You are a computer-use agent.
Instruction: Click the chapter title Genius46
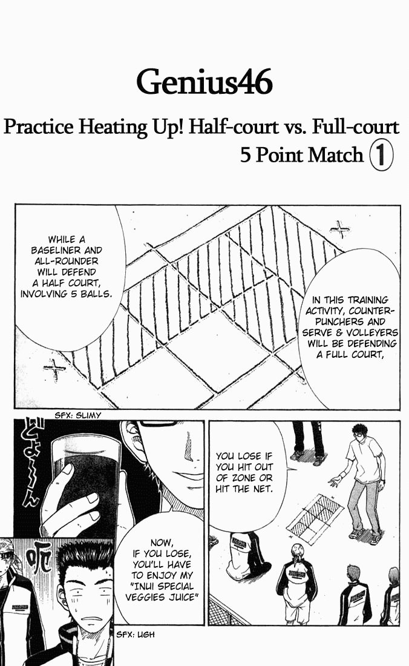tap(204, 83)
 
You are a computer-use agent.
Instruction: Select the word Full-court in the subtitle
tap(356, 127)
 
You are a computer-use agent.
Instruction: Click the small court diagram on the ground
tap(315, 519)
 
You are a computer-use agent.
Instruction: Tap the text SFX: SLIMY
tap(78, 415)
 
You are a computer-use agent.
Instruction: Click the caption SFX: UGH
tap(136, 635)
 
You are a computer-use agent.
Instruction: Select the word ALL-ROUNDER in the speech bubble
tap(67, 261)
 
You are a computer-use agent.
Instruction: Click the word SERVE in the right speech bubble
tap(318, 332)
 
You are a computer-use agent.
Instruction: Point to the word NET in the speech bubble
tap(262, 489)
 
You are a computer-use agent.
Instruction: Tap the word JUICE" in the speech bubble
tap(183, 597)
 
